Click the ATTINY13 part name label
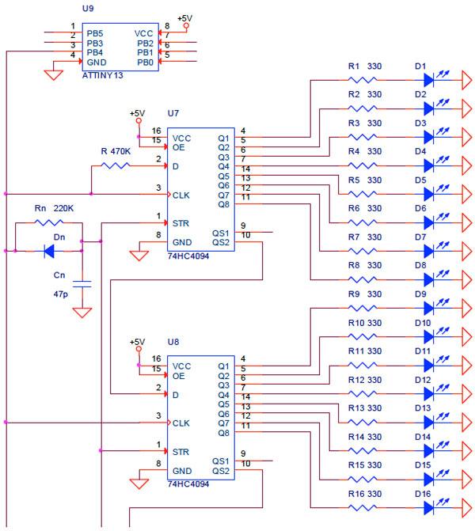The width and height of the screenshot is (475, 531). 102,75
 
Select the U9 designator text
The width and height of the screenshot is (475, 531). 88,8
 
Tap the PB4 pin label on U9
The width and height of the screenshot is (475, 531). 95,52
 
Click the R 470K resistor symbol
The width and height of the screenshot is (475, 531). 116,165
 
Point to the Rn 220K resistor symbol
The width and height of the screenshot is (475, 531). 49,222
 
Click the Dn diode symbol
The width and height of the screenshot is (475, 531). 49,251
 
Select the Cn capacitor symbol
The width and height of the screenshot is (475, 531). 82,284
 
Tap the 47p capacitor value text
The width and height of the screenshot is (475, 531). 61,294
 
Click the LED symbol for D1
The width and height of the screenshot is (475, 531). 429,80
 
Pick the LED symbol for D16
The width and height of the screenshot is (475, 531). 429,507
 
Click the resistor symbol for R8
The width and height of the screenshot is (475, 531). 363,279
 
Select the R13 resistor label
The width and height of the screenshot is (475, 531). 355,408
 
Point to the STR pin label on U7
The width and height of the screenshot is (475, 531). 180,223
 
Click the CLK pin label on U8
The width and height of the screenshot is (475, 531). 181,423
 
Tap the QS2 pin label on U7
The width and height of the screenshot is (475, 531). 221,242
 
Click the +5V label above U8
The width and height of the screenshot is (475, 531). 137,342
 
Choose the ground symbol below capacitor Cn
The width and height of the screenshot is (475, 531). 82,313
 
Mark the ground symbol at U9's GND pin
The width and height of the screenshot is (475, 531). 54,75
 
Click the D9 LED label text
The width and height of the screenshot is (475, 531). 420,294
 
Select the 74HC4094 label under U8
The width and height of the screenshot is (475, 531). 188,484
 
